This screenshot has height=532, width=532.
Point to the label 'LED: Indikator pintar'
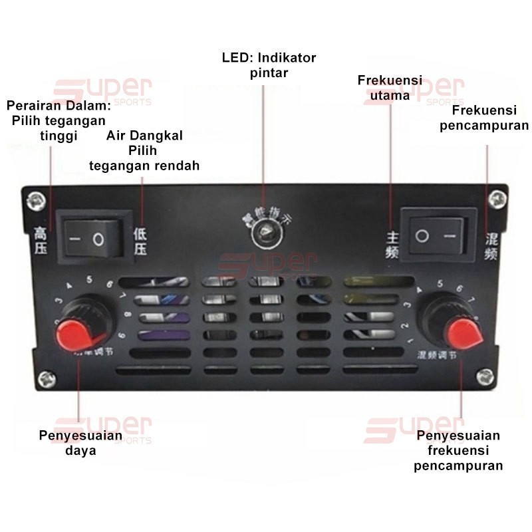(269, 65)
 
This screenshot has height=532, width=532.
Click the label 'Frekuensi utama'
(390, 88)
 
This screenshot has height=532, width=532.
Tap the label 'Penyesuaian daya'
(80, 443)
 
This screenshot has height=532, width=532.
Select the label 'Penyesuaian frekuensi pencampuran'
(458, 450)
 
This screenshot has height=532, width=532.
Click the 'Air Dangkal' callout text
(144, 150)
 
